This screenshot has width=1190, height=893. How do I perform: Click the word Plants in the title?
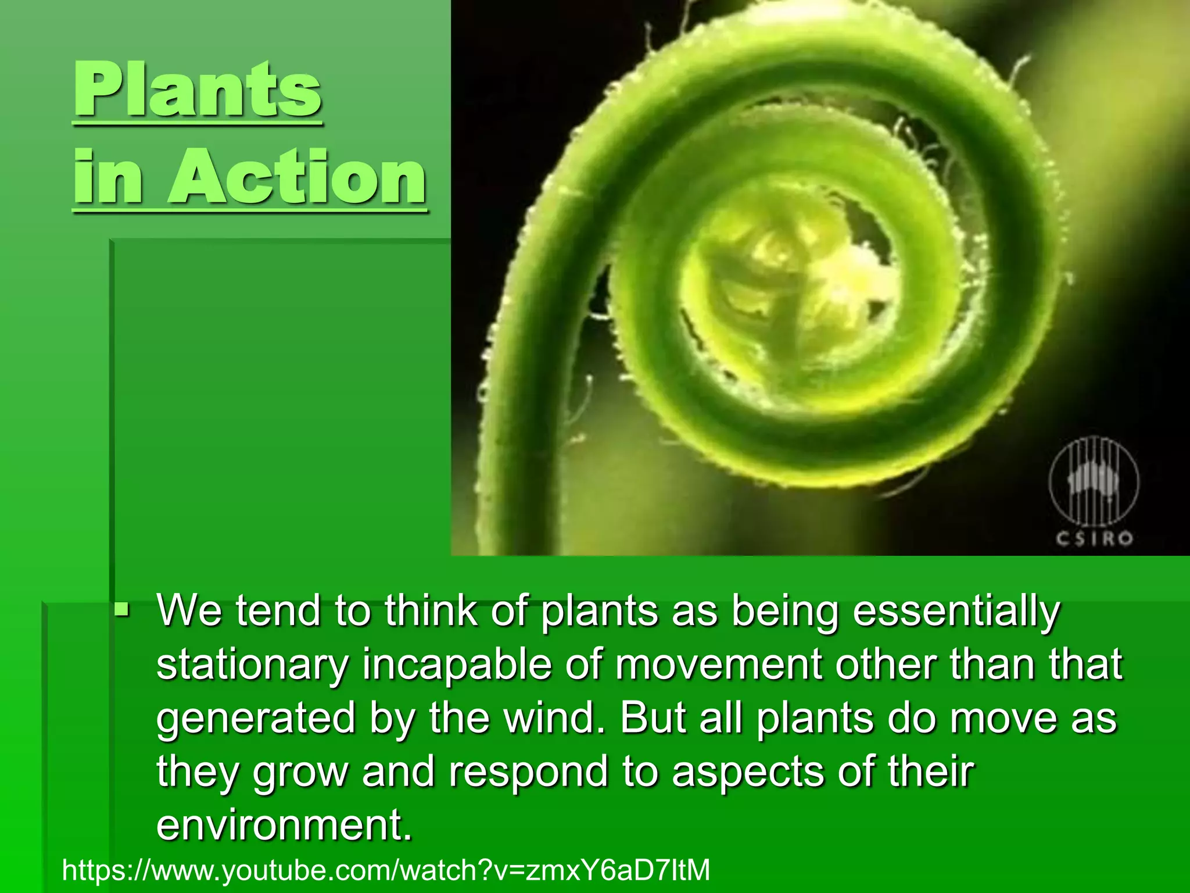pos(198,90)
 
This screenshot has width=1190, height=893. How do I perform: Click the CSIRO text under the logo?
pos(1094,539)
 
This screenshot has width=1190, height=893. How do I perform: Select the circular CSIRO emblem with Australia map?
pos(1094,483)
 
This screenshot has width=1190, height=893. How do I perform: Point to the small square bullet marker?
pos(122,610)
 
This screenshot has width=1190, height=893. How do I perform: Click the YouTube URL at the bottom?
pos(386,870)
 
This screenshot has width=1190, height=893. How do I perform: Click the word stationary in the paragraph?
pos(252,666)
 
